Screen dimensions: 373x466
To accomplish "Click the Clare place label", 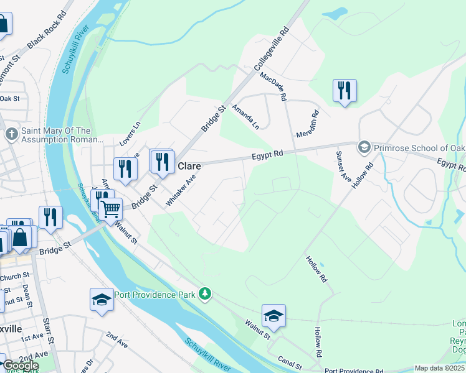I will [x=189, y=167].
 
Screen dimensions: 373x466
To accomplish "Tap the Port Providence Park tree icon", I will [x=205, y=293].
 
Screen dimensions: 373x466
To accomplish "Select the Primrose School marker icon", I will [x=363, y=147].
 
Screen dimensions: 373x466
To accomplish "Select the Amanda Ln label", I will [x=245, y=116].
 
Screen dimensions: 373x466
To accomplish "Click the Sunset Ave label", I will [x=344, y=163].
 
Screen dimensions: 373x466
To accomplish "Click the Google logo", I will [x=20, y=366].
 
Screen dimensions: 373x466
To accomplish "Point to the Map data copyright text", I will [x=440, y=368].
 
